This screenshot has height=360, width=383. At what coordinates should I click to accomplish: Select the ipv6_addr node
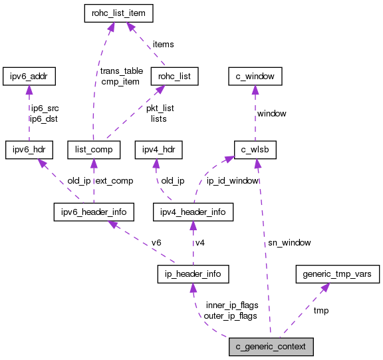(x=28, y=77)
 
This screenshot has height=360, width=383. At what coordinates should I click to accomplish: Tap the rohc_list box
(x=175, y=77)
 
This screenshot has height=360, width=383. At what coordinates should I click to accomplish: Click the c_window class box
(x=255, y=77)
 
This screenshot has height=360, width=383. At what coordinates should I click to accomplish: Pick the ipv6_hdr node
(x=28, y=150)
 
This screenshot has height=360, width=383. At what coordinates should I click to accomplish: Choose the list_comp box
(x=94, y=150)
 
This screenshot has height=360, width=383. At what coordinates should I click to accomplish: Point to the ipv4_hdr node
(x=158, y=150)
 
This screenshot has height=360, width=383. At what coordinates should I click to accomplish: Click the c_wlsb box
(x=255, y=150)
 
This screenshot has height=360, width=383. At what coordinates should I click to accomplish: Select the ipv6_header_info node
(x=94, y=212)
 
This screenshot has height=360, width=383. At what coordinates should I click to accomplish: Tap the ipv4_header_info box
(x=193, y=212)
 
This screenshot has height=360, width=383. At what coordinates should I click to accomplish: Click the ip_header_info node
(x=193, y=273)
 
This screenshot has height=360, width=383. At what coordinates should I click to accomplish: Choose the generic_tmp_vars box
(x=337, y=273)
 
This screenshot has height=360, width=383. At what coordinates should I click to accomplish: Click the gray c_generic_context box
(x=270, y=347)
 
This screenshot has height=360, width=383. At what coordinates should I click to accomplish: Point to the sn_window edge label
(x=289, y=243)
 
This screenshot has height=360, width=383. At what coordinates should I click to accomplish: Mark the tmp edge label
(x=320, y=310)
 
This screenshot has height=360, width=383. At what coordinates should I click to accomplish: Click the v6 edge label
(x=157, y=243)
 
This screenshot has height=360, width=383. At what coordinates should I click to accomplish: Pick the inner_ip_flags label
(x=231, y=305)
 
